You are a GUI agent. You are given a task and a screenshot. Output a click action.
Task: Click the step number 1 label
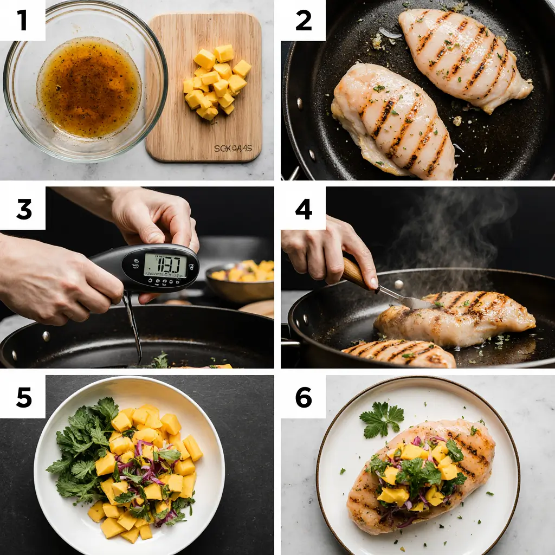[22, 20]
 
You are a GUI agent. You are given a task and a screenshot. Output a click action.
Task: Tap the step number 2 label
[303, 20]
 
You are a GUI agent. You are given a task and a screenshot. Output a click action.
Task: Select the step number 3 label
[23, 209]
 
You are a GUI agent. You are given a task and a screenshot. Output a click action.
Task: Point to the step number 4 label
[303, 209]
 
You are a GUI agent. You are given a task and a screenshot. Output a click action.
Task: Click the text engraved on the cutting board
[233, 148]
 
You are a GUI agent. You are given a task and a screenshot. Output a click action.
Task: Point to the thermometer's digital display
[165, 266]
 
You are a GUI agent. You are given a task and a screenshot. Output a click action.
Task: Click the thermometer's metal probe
[133, 325]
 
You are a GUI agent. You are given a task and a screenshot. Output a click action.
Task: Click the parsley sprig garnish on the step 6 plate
[382, 418]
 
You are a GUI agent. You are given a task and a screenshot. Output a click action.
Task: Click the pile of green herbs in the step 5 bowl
[81, 450]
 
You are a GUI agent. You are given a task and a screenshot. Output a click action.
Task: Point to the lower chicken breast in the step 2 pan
[393, 122]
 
